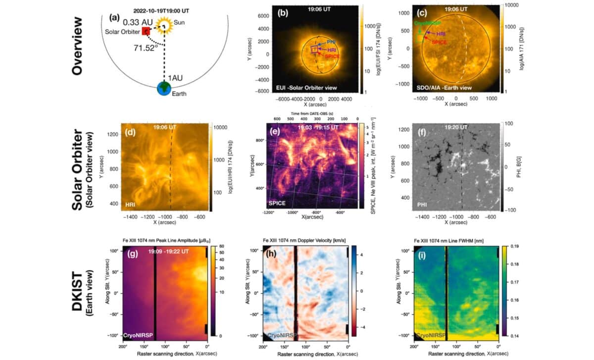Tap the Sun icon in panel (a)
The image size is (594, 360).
click(x=163, y=24)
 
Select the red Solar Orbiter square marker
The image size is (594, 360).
click(x=146, y=31)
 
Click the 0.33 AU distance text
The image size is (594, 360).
click(x=124, y=22)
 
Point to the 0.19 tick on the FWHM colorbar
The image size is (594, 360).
click(x=512, y=246)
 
